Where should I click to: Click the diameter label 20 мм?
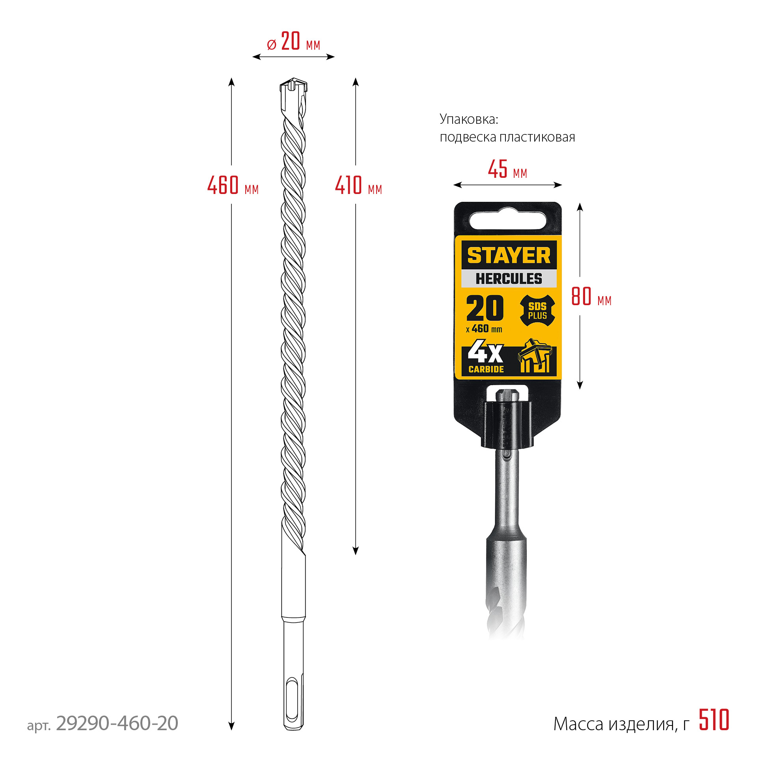point(294,42)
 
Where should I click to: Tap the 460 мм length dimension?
point(233,185)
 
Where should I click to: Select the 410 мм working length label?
point(358,185)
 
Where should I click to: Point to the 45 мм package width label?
point(507,170)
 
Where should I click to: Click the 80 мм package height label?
point(591,296)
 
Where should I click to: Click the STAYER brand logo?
point(509,255)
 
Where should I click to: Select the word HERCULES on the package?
point(509,278)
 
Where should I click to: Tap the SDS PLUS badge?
point(537,311)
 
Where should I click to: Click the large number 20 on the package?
point(485,308)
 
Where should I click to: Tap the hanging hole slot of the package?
point(508,220)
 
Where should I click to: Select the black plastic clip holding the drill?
point(507,425)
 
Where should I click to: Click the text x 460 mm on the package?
point(484,329)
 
